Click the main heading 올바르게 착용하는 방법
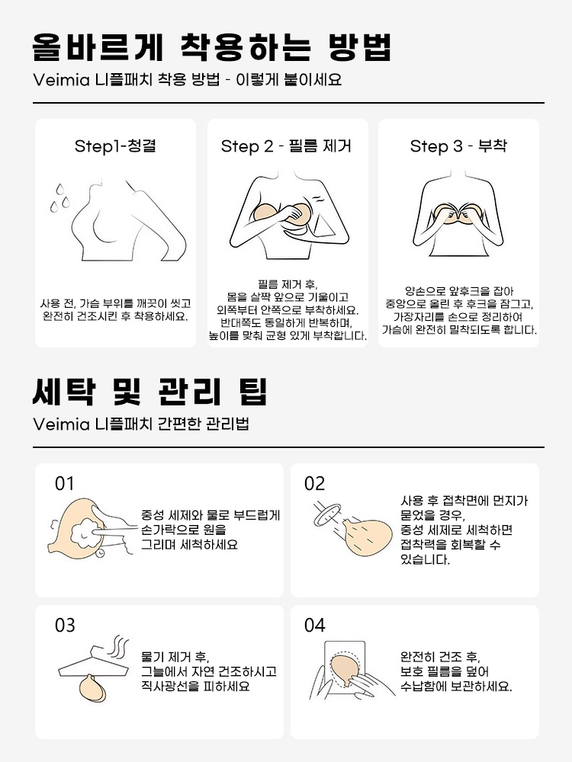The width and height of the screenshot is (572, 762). click(x=212, y=47)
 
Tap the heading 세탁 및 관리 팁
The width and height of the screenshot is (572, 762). click(x=150, y=392)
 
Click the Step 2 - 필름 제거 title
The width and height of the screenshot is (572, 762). click(x=286, y=146)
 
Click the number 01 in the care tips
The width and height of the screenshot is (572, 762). click(x=65, y=484)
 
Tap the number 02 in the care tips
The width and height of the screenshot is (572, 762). click(x=314, y=484)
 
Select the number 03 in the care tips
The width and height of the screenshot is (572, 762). click(x=65, y=626)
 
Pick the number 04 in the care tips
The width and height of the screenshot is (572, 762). click(x=314, y=626)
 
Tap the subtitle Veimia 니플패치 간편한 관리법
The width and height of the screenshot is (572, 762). click(x=141, y=424)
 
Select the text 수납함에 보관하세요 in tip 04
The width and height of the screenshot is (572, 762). click(x=456, y=686)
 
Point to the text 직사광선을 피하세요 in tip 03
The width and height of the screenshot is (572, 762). click(x=195, y=686)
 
